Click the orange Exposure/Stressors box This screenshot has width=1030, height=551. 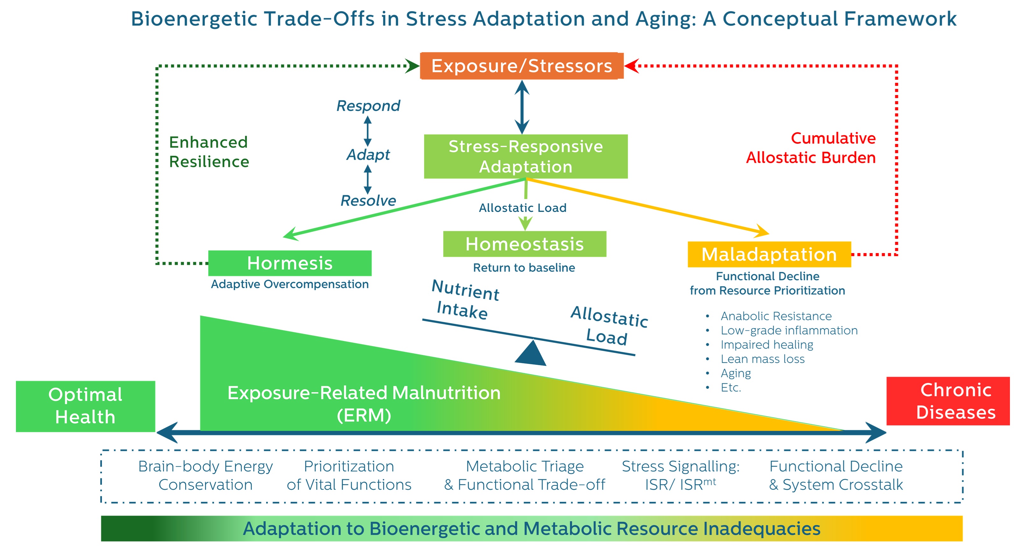point(522,66)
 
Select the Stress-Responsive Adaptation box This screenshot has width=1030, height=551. point(525,156)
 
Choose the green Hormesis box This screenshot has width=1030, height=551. point(289,263)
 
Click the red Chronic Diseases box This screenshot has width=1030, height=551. point(948,401)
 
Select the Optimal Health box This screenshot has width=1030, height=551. point(85,406)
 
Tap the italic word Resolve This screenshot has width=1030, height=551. point(368,200)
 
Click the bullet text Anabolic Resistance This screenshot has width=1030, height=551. point(776,316)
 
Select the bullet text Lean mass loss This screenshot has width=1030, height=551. point(762,359)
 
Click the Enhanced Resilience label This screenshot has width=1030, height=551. point(209,152)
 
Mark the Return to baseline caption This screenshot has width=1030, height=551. point(524,268)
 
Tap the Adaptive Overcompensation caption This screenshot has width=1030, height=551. point(289,284)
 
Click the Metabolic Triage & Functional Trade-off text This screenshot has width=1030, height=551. point(525,475)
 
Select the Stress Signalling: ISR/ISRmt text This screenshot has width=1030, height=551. point(680,475)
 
